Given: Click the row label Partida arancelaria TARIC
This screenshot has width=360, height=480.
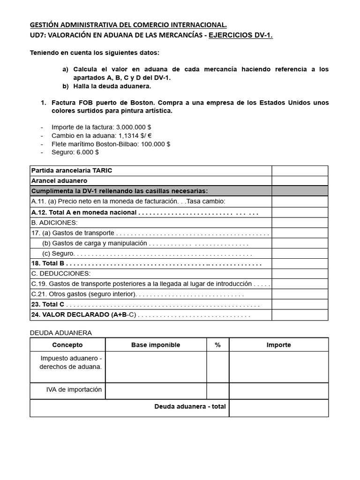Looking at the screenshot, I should [x=72, y=171].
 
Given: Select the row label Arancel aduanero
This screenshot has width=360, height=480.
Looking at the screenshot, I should [x=59, y=180].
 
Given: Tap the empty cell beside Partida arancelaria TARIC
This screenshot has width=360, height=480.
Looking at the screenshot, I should [x=300, y=171].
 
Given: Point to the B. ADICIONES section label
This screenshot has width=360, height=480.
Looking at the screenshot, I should [x=54, y=223].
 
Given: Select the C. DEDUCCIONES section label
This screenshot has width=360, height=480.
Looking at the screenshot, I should [x=60, y=273].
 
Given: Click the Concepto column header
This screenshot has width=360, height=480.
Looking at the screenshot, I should [x=67, y=345].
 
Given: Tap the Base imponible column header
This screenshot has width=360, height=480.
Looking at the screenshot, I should [x=156, y=345].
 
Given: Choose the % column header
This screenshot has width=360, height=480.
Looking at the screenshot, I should [x=217, y=345].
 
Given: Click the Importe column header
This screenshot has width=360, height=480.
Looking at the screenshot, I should [x=278, y=345].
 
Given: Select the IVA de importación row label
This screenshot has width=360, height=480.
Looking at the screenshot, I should [x=74, y=390].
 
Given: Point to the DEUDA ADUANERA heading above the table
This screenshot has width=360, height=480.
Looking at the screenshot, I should [x=61, y=333].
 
